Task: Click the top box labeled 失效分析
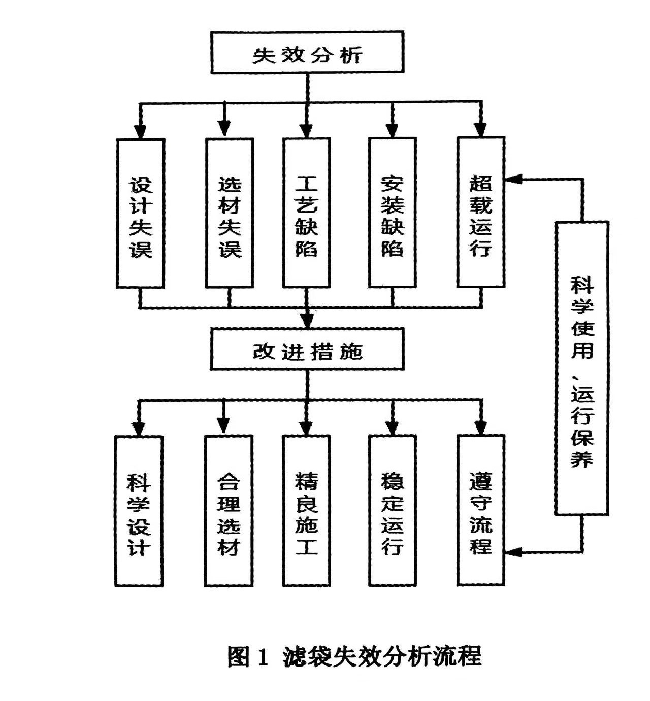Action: click(307, 52)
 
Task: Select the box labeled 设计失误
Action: click(141, 214)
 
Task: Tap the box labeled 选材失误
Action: click(230, 214)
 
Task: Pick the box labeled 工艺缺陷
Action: click(307, 214)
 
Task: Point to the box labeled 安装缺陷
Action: click(393, 214)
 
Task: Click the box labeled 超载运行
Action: click(481, 213)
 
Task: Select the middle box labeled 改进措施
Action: click(307, 349)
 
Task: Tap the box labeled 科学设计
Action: click(139, 511)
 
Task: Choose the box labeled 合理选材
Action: click(229, 511)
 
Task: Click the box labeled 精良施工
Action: click(306, 511)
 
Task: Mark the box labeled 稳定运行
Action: click(393, 511)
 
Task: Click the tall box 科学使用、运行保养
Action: click(581, 368)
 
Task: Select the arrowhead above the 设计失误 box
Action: click(141, 131)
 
